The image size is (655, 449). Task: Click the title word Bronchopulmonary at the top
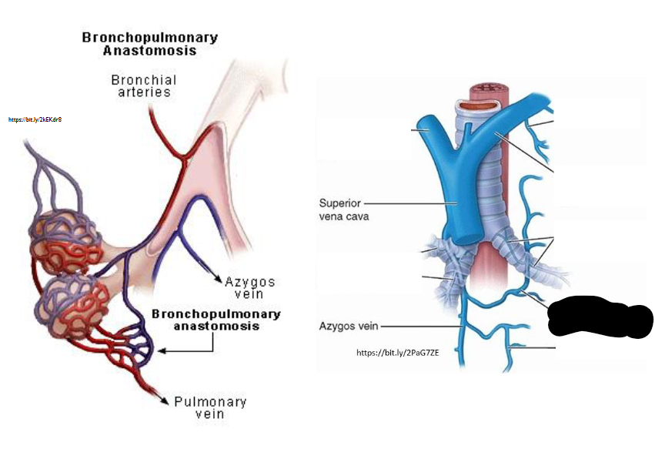pos(149,38)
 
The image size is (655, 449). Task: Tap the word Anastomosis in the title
pos(149,51)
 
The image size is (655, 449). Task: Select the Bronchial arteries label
pos(143,85)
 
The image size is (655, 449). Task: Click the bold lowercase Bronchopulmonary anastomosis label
pos(216,320)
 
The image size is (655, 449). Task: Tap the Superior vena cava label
pos(344,209)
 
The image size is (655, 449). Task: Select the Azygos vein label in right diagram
pos(349,326)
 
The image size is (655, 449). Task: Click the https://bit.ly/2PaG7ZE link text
pos(397,353)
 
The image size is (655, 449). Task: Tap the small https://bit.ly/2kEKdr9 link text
pos(35,120)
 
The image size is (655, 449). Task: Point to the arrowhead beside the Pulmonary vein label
pos(164,398)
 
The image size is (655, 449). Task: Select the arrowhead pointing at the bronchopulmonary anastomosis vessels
pos(162,351)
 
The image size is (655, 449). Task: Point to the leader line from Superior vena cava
pos(404,203)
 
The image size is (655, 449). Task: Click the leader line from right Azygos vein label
pos(419,326)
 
